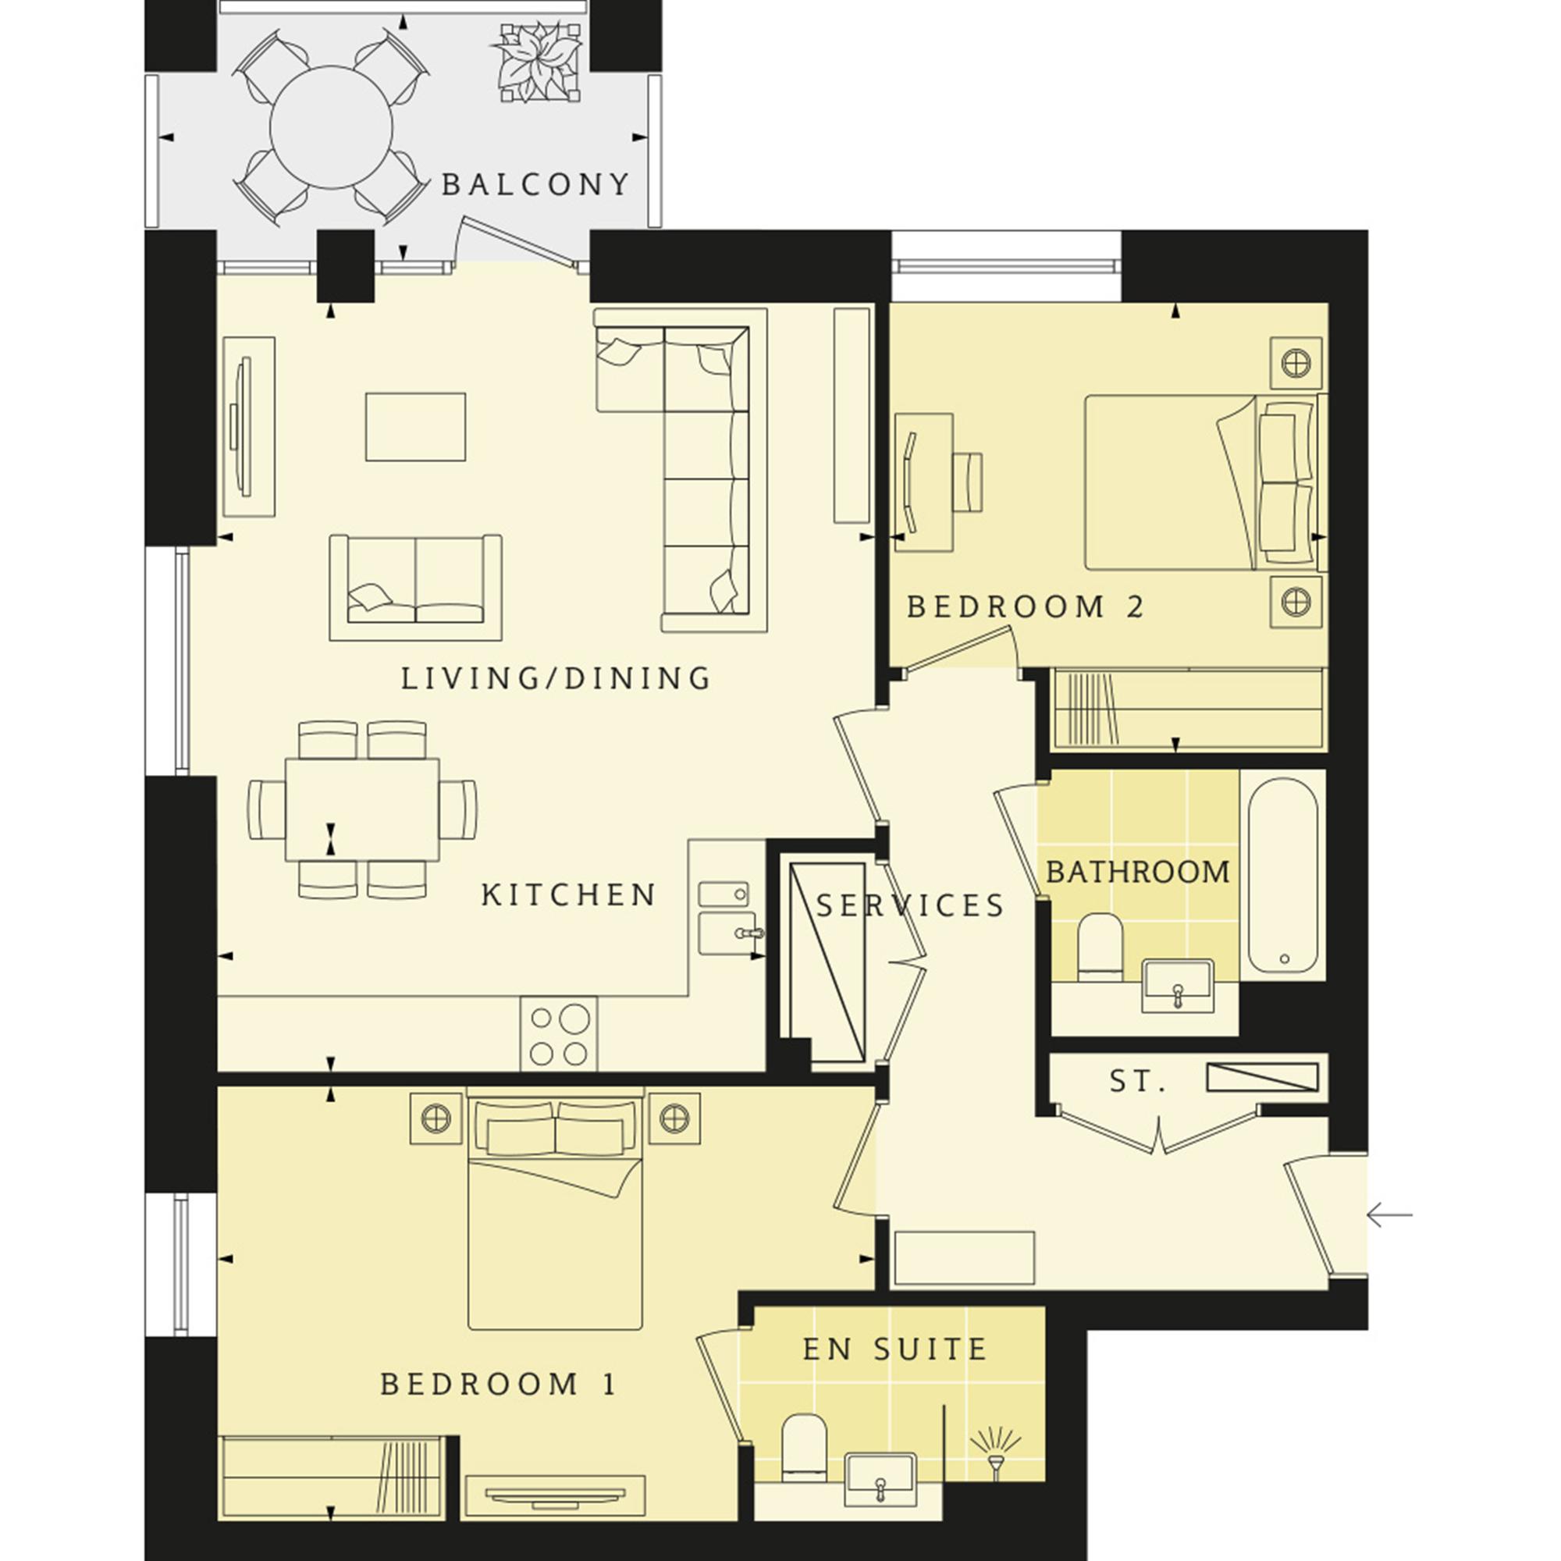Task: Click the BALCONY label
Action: (x=535, y=185)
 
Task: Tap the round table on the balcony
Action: (x=331, y=127)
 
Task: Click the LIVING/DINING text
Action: (x=556, y=679)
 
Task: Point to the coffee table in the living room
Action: (x=415, y=427)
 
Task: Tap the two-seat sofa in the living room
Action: (x=415, y=588)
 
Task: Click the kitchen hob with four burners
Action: (x=559, y=1034)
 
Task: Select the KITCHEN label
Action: (x=569, y=895)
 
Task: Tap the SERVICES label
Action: (x=911, y=905)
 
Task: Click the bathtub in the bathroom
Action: (x=1283, y=876)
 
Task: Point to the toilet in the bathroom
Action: (x=1101, y=944)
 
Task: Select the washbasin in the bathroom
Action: (x=1178, y=985)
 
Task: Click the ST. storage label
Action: (x=1138, y=1082)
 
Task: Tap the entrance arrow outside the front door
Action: (x=1390, y=1214)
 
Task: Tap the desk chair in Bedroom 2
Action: (x=967, y=482)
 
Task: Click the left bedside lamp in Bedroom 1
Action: (x=436, y=1118)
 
